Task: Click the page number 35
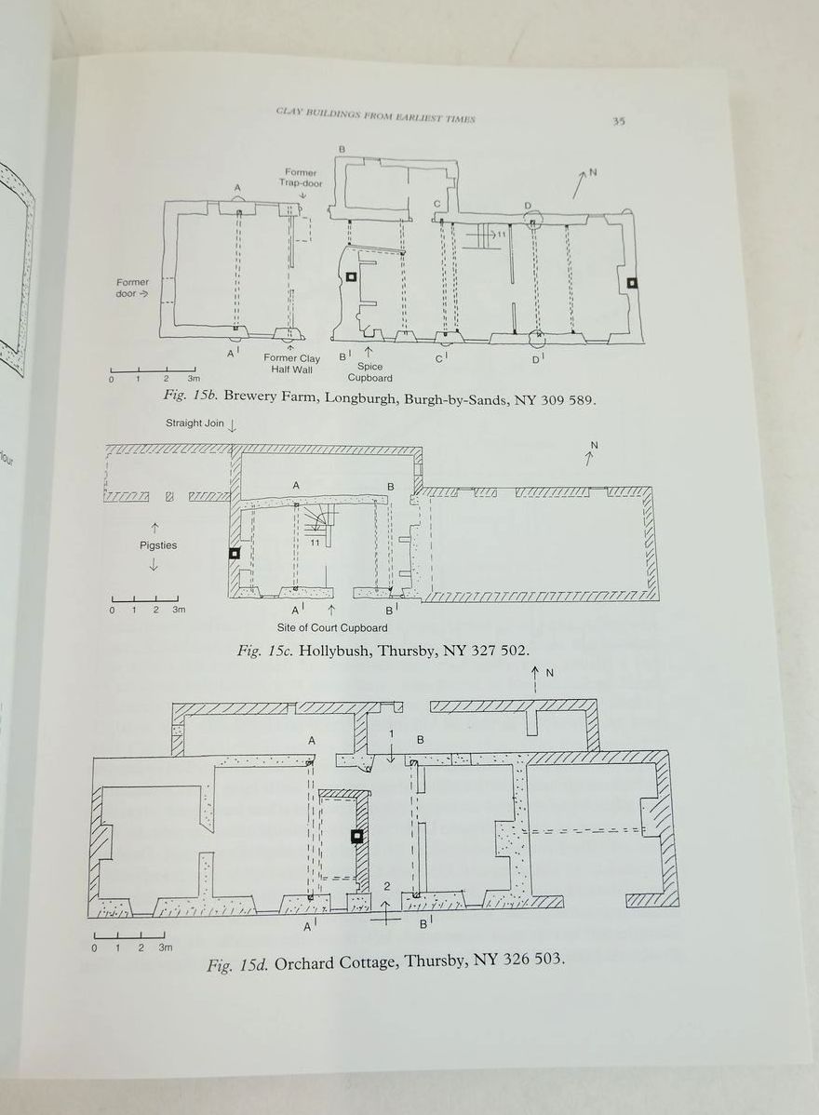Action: (619, 121)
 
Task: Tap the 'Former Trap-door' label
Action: (300, 177)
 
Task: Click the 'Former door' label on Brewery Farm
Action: (132, 288)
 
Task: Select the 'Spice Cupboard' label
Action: (369, 372)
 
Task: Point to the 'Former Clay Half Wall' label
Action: (291, 364)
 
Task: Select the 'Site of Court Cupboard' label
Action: (331, 628)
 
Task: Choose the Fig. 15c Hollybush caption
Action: (383, 650)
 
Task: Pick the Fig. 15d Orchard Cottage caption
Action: (384, 961)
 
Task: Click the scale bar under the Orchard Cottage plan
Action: (129, 936)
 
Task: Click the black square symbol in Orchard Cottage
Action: (356, 837)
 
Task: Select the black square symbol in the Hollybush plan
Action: (235, 553)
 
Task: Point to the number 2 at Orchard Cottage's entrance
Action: (387, 886)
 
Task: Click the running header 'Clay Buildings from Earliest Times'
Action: (375, 117)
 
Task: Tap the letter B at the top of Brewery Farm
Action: (342, 150)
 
